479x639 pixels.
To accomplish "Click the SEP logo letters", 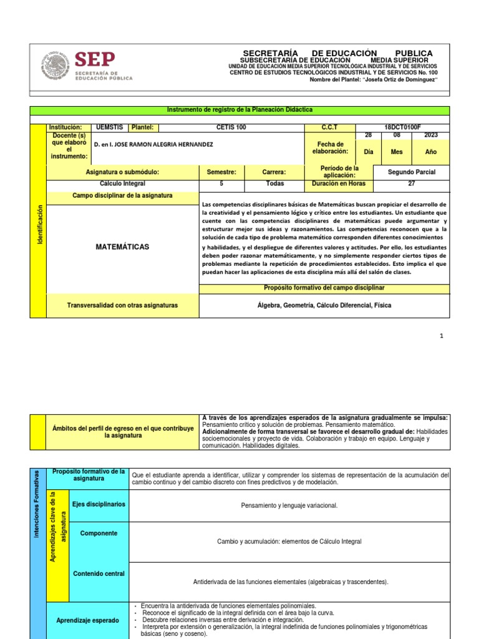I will pos(95,61).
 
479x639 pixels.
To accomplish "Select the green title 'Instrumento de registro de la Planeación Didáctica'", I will pos(239,110).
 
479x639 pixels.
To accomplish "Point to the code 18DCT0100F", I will pos(402,127).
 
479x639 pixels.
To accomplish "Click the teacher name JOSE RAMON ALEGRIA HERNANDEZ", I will pos(153,144).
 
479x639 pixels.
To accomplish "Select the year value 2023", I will pos(430,135).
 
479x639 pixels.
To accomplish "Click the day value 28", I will pos(367,135).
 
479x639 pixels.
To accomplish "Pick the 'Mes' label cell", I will pos(397,152).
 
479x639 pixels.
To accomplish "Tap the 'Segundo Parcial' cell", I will pos(412,172).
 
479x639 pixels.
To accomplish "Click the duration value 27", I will pos(411,184).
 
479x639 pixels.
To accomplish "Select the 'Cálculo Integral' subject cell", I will pos(122,184).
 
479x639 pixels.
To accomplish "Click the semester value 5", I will pos(221,184).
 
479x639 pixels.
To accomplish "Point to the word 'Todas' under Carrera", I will pos(274,184).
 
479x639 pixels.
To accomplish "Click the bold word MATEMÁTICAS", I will pos(122,247).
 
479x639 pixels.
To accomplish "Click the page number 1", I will pos(441,336).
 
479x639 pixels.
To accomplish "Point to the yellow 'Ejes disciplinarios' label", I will pos(99,504).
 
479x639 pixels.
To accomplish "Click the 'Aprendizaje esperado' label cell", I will pos(87,620).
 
